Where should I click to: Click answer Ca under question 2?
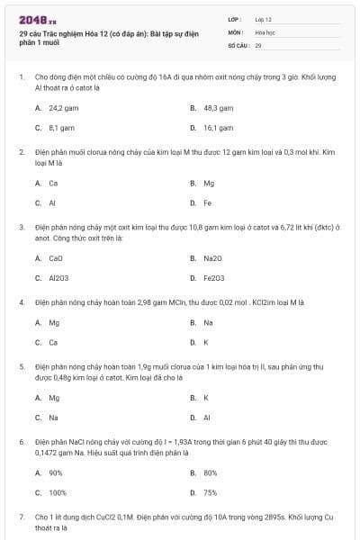(53, 183)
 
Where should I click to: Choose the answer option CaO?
(56, 257)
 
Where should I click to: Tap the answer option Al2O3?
(58, 277)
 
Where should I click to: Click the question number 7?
(22, 517)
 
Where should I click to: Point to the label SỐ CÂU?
(239, 44)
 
